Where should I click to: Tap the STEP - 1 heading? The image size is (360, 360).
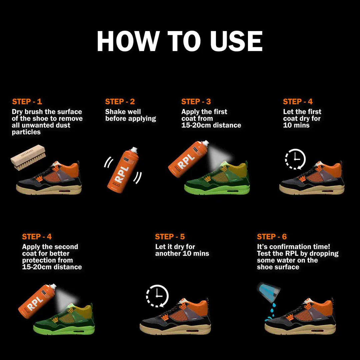(27, 101)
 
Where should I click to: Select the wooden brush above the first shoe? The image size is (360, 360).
(28, 157)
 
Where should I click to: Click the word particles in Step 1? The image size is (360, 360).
(26, 132)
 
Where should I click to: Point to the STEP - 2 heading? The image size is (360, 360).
(120, 101)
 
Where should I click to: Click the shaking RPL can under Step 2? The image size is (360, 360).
(123, 170)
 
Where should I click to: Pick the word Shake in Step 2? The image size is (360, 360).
(114, 112)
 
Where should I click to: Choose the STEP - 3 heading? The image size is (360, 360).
(196, 101)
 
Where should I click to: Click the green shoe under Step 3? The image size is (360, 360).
(217, 178)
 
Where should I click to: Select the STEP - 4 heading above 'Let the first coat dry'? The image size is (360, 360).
(298, 101)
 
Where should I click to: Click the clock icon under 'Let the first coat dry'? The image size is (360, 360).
(295, 159)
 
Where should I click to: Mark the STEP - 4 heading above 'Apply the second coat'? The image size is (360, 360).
(37, 236)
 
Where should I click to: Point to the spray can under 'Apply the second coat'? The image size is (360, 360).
(37, 301)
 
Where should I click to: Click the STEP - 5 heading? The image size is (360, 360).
(170, 236)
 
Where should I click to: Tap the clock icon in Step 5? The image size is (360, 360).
(157, 296)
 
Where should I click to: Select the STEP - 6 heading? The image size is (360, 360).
(272, 236)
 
